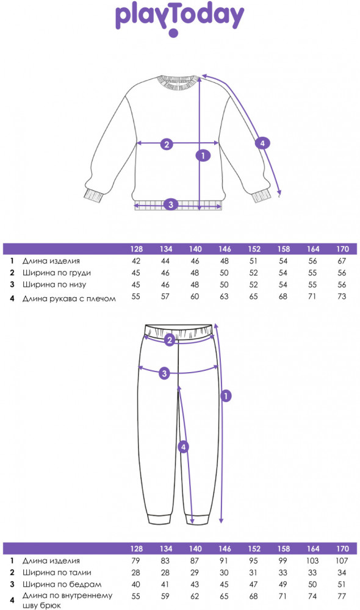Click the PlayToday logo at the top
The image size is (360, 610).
pos(179,19)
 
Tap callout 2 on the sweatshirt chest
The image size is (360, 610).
pos(167,144)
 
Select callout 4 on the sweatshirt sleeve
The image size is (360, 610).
pos(262,143)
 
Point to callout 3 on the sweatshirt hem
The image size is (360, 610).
pos(171,204)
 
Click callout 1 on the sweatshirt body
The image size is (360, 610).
pos(203,156)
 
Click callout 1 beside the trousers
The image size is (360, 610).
pos(226,396)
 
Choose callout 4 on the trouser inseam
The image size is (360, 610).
pos(183,447)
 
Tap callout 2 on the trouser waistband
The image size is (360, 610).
pos(169,340)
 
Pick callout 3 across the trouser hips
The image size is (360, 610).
pos(165,373)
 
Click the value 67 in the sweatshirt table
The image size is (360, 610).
pos(342,261)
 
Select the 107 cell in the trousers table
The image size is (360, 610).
pos(342,561)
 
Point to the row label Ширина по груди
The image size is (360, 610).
pos(56,273)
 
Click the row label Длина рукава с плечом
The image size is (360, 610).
pos(69,298)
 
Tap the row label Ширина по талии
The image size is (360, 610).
pos(57,572)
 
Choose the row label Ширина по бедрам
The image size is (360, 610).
pos(62,584)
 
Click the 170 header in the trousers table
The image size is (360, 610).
pos(342,548)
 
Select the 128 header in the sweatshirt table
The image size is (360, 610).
pos(137,249)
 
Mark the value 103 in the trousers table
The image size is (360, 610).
pos(312,561)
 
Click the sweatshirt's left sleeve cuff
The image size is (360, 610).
pos(93,195)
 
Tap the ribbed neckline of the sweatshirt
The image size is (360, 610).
pos(179,82)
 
